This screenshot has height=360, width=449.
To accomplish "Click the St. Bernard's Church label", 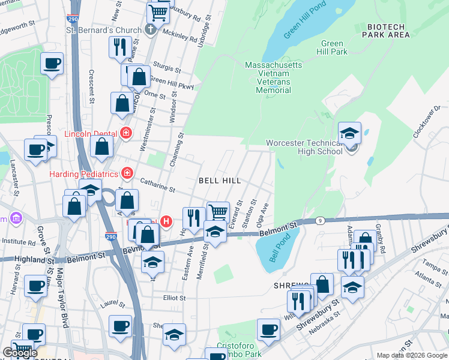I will (x=103, y=30).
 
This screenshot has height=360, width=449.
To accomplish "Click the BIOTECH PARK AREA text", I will (x=386, y=31).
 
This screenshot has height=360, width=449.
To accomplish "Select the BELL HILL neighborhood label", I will (x=220, y=181).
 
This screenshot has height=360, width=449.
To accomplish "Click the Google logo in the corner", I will (x=20, y=353).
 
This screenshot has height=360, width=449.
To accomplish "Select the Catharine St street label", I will (x=157, y=184).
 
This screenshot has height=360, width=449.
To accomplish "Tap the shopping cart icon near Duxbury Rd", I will (x=158, y=11).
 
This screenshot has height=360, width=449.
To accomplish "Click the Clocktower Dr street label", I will (x=427, y=124).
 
